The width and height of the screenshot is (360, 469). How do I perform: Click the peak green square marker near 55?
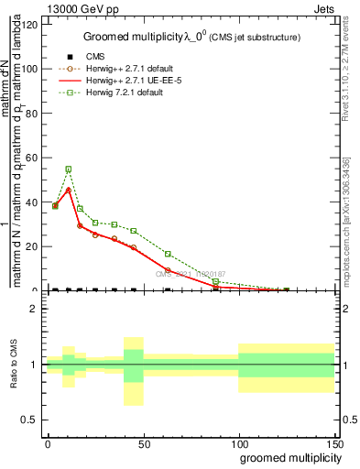point(69,169)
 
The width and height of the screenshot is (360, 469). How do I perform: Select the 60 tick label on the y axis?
point(33,158)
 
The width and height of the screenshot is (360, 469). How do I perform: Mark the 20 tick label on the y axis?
point(33,247)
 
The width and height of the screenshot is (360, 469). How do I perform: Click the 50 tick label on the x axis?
point(143,443)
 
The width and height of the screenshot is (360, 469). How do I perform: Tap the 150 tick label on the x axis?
point(333,443)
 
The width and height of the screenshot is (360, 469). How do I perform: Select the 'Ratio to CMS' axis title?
point(14,364)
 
